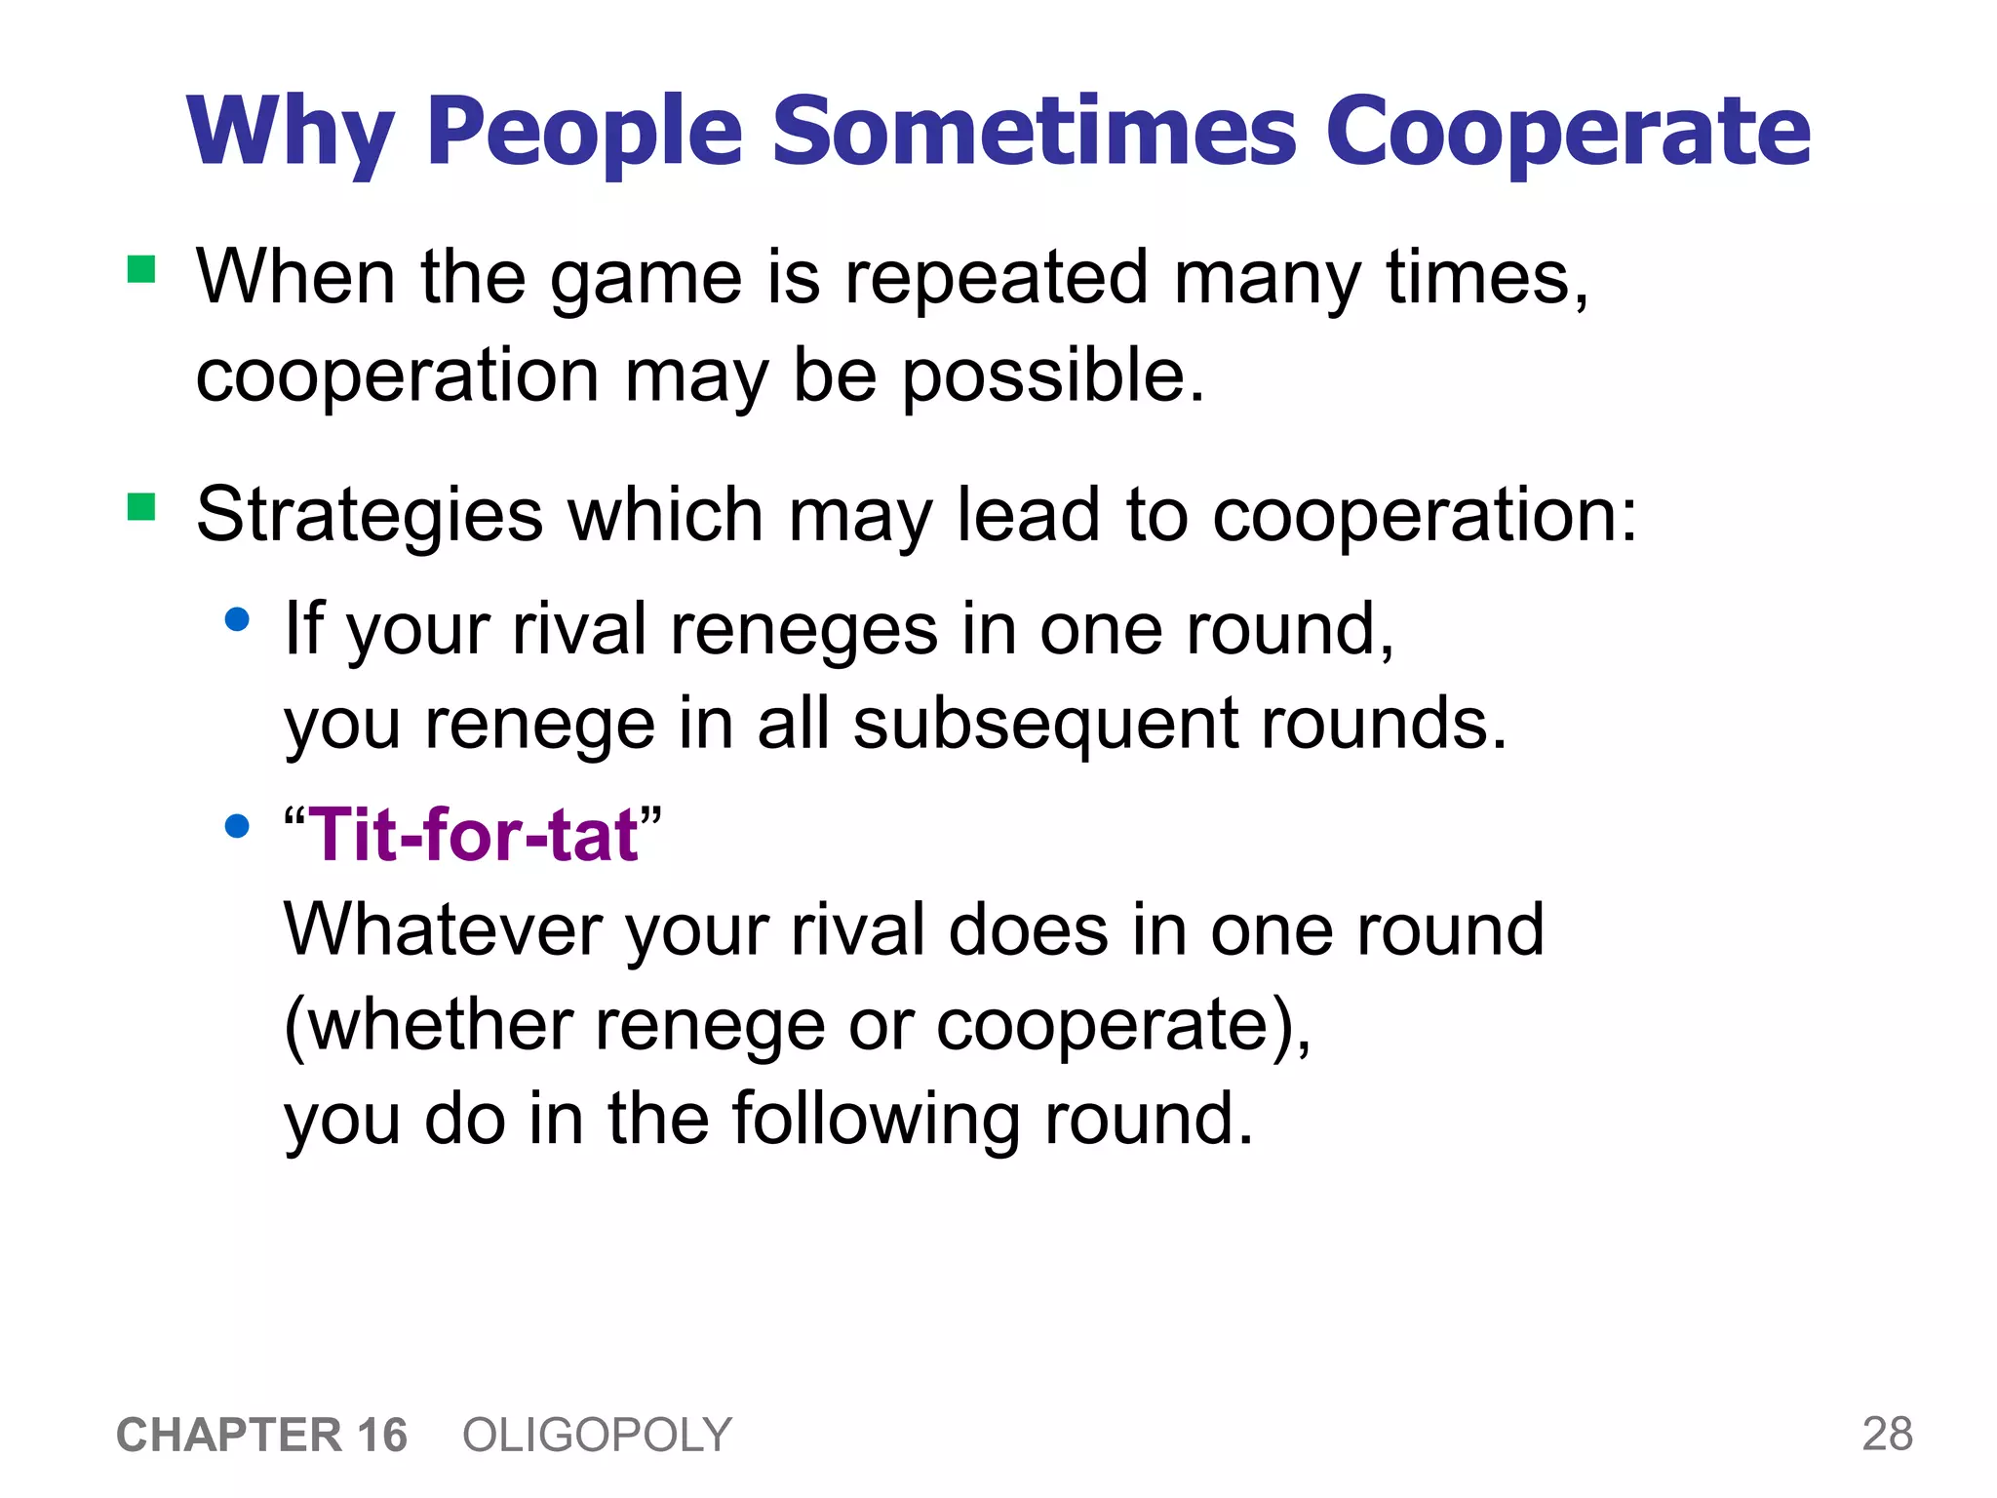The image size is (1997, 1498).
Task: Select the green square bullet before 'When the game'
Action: coord(142,269)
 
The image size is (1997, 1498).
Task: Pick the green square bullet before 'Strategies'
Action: coord(142,507)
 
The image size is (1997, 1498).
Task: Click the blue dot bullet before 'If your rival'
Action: coord(237,619)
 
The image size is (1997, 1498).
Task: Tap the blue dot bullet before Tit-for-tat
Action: coord(237,827)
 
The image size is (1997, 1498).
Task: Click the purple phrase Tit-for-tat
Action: coord(473,835)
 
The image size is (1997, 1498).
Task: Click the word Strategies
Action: coord(370,515)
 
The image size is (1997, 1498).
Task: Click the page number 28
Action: coord(1887,1434)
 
